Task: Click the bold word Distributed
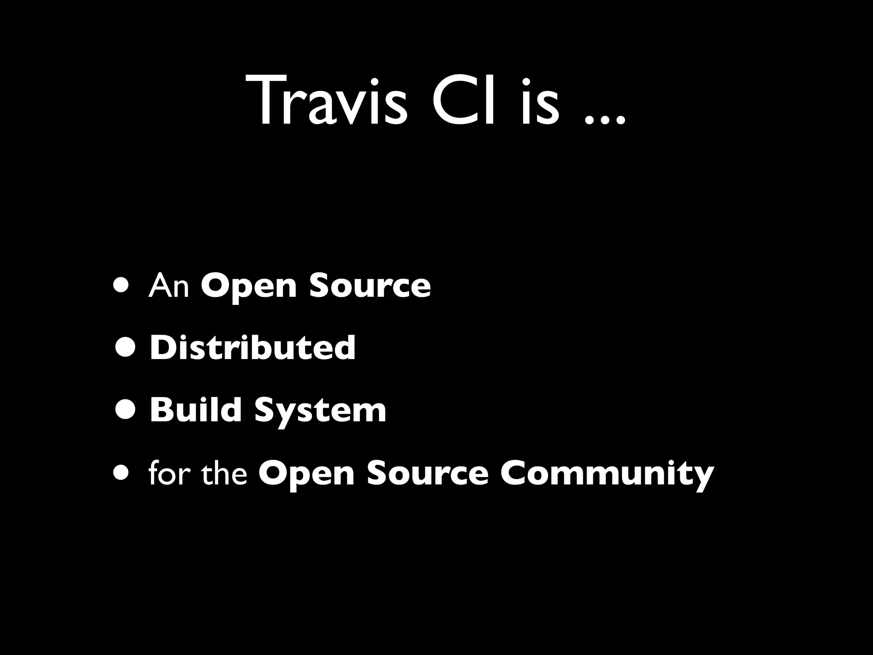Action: [x=252, y=348]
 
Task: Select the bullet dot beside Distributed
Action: [x=126, y=348]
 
